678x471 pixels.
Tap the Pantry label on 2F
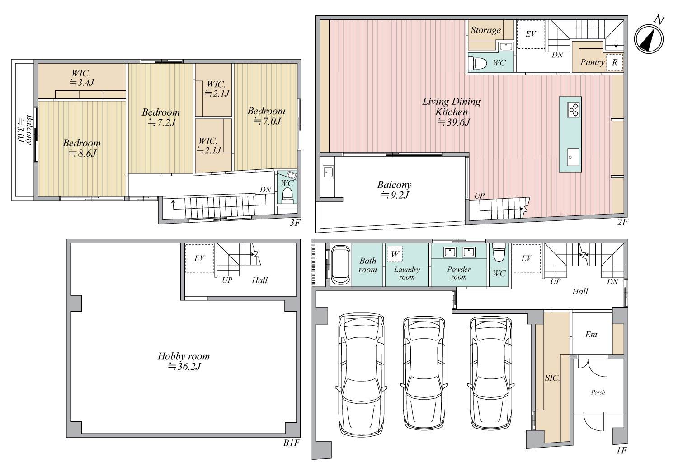tap(592, 62)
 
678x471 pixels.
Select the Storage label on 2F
tap(485, 30)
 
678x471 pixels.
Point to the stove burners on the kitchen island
tap(574, 110)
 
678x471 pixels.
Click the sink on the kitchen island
tap(573, 157)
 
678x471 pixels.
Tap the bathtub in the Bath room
tap(340, 265)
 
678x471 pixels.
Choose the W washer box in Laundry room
tap(395, 254)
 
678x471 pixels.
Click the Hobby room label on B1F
tap(184, 356)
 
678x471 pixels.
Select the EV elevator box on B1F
tap(199, 258)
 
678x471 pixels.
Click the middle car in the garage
tap(424, 373)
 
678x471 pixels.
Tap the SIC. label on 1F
tap(552, 378)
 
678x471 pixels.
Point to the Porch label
tap(598, 392)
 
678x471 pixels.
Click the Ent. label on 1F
tap(592, 334)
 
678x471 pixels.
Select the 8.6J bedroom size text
tap(82, 153)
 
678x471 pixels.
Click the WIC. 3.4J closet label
tap(81, 78)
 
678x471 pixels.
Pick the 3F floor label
tap(295, 223)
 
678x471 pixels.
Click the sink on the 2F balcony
tap(328, 173)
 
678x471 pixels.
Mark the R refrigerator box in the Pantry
tap(614, 63)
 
